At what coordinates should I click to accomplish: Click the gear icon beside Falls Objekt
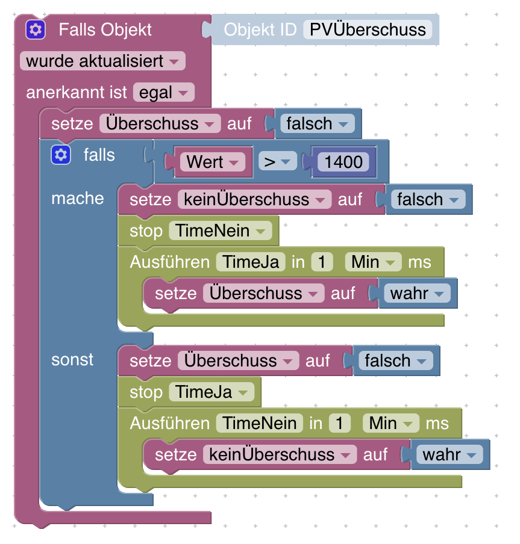tap(36, 29)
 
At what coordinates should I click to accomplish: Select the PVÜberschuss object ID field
tap(368, 29)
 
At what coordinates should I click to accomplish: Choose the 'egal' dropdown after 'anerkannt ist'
tap(163, 93)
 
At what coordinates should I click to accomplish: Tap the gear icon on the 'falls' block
tap(60, 155)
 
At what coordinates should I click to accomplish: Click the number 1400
tap(343, 162)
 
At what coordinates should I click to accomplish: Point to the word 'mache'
tap(78, 199)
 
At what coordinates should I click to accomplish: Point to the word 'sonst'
tap(72, 359)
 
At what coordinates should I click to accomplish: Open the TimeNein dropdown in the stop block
tap(220, 230)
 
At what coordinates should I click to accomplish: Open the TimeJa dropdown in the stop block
tap(211, 392)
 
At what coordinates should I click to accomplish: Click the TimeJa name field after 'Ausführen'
tap(251, 262)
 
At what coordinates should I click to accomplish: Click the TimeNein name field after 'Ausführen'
tap(260, 423)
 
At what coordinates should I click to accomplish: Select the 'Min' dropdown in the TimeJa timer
tap(373, 262)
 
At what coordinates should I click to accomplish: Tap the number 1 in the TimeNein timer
tap(340, 423)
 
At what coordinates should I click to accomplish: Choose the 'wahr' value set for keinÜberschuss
tap(449, 454)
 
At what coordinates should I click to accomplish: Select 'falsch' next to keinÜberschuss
tap(427, 199)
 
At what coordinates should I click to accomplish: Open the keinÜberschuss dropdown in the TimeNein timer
tap(280, 454)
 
